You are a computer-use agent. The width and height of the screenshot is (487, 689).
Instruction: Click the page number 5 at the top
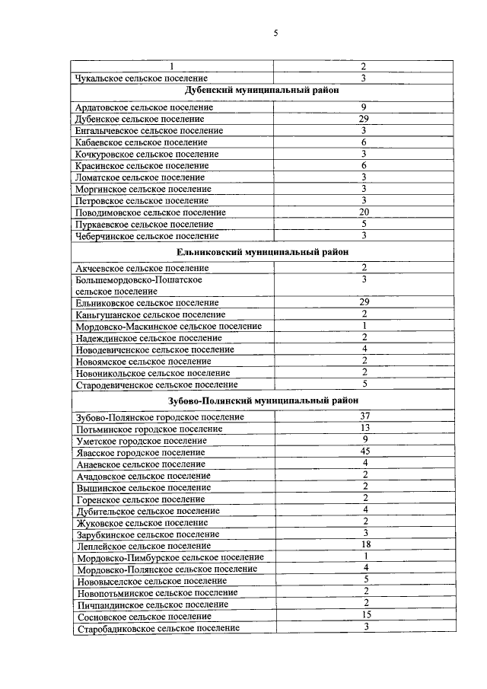click(276, 33)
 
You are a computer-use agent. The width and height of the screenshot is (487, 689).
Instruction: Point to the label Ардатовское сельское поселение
click(145, 107)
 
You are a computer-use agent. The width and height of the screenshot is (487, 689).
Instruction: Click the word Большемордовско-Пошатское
click(139, 280)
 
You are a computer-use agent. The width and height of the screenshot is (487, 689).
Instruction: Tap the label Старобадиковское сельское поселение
click(158, 628)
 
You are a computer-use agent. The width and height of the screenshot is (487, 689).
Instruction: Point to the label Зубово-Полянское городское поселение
click(161, 417)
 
